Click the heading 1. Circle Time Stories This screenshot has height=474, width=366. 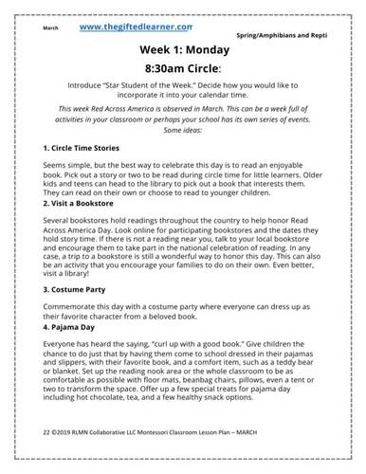pos(82,149)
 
